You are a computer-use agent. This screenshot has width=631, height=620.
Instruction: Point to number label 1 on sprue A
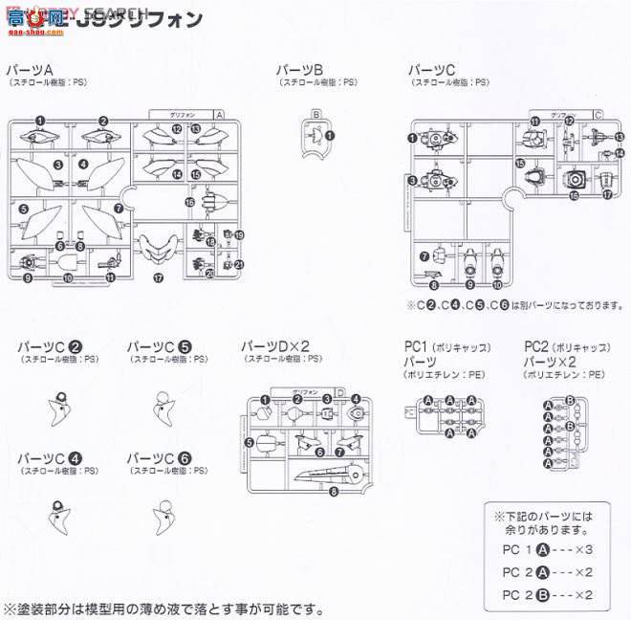click(41, 121)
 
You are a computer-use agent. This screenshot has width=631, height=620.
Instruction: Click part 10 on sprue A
click(68, 277)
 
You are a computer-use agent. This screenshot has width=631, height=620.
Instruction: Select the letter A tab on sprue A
click(219, 113)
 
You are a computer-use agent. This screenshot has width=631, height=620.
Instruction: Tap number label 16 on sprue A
click(190, 203)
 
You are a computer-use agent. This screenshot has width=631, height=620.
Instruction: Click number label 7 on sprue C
click(423, 255)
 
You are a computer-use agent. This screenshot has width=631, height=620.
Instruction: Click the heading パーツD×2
click(274, 345)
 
